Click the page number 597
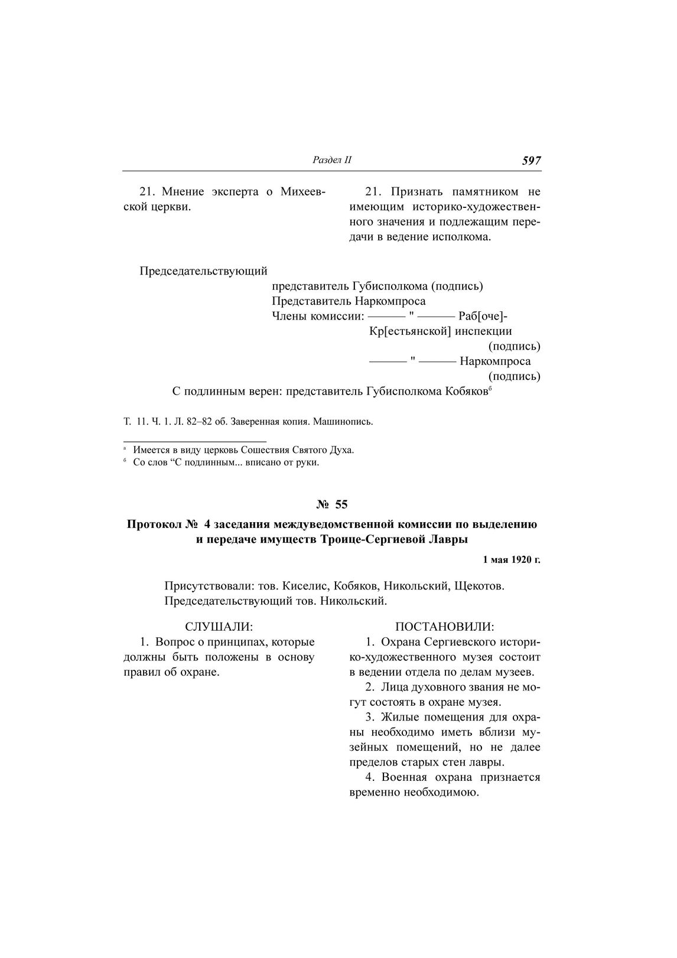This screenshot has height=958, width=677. [531, 161]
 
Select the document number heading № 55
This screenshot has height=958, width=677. [332, 504]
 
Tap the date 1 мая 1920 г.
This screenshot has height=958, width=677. [512, 559]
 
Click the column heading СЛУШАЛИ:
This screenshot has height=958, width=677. [219, 626]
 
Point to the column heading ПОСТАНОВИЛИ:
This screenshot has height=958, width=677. [445, 626]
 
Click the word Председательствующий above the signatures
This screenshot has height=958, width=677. [204, 271]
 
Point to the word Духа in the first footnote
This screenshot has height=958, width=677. [343, 450]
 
